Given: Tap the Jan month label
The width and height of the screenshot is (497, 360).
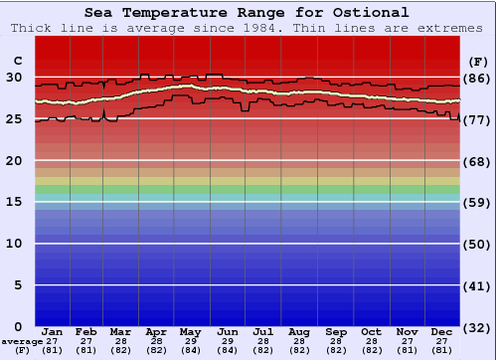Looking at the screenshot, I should (x=53, y=331).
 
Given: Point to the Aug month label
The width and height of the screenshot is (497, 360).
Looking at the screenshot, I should (x=299, y=331).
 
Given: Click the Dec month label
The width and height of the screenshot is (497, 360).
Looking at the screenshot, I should (x=443, y=331).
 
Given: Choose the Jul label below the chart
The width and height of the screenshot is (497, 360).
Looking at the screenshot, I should (x=263, y=331).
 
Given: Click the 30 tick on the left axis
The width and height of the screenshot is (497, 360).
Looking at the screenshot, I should (x=14, y=78).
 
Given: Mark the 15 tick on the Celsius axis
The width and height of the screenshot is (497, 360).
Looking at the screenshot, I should (x=14, y=202).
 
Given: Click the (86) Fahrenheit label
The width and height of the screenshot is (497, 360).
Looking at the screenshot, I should (x=478, y=78).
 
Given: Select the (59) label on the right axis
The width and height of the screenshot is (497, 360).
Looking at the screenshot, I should (x=478, y=203).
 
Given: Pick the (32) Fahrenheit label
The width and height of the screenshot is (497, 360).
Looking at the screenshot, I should (x=478, y=327).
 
